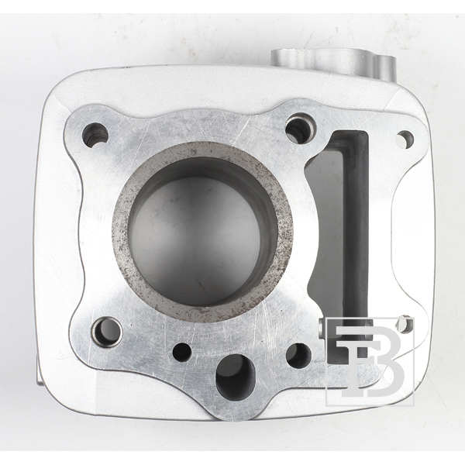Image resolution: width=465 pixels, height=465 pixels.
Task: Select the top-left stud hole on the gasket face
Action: click(x=95, y=136)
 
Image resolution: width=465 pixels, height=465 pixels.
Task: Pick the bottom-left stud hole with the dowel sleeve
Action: click(x=106, y=332)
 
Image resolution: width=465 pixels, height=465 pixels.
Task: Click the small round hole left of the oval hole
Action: click(x=182, y=353)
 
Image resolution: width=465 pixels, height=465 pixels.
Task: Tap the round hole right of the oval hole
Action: click(x=298, y=356)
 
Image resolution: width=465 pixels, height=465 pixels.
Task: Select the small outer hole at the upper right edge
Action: click(x=405, y=139)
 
